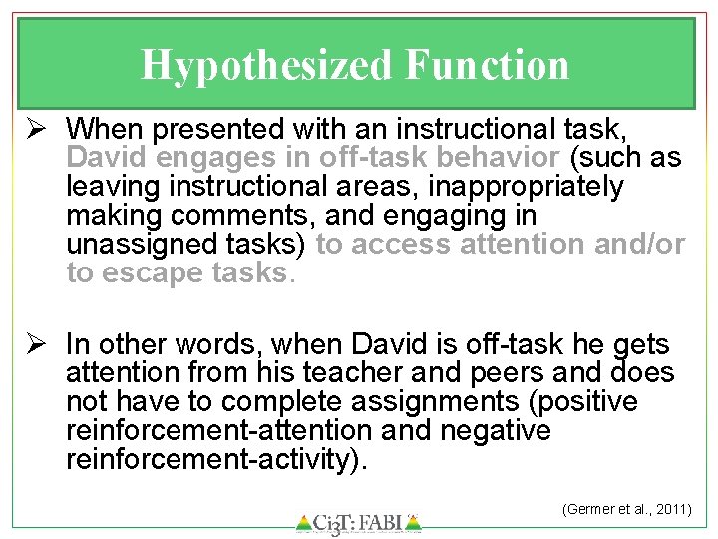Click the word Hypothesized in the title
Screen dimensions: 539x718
[x=267, y=66]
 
